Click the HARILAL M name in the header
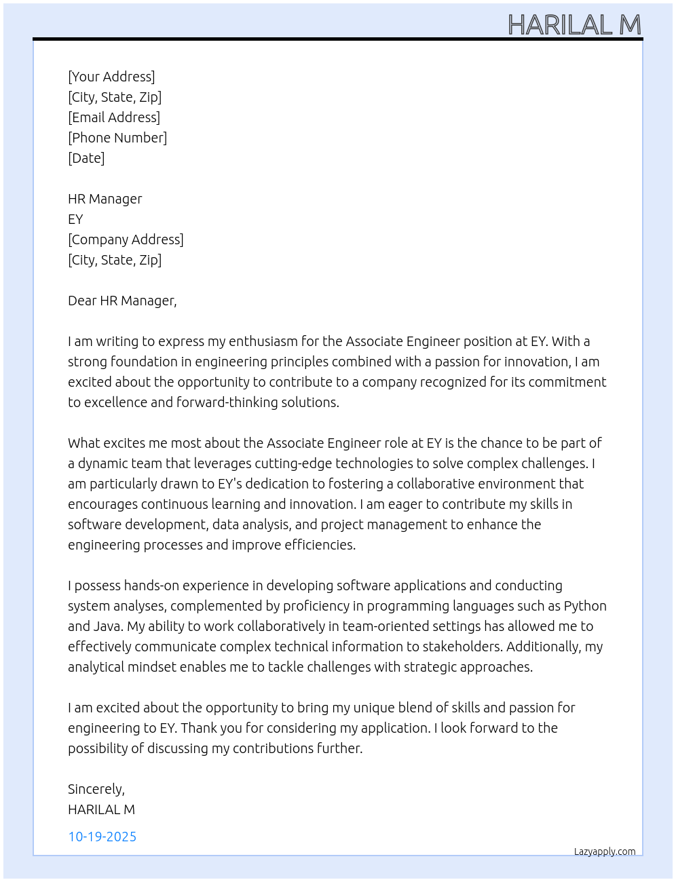coord(574,25)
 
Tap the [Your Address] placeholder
coord(111,77)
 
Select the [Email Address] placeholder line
coord(114,117)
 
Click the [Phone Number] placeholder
coord(117,138)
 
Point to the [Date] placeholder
coord(86,158)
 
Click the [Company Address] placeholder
coord(126,239)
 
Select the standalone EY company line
coord(75,219)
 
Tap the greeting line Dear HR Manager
coord(122,301)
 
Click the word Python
coord(585,606)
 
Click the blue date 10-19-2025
coord(102,837)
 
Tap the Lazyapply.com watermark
coord(605,851)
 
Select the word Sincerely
coord(96,789)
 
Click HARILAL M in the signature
coord(101,809)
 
